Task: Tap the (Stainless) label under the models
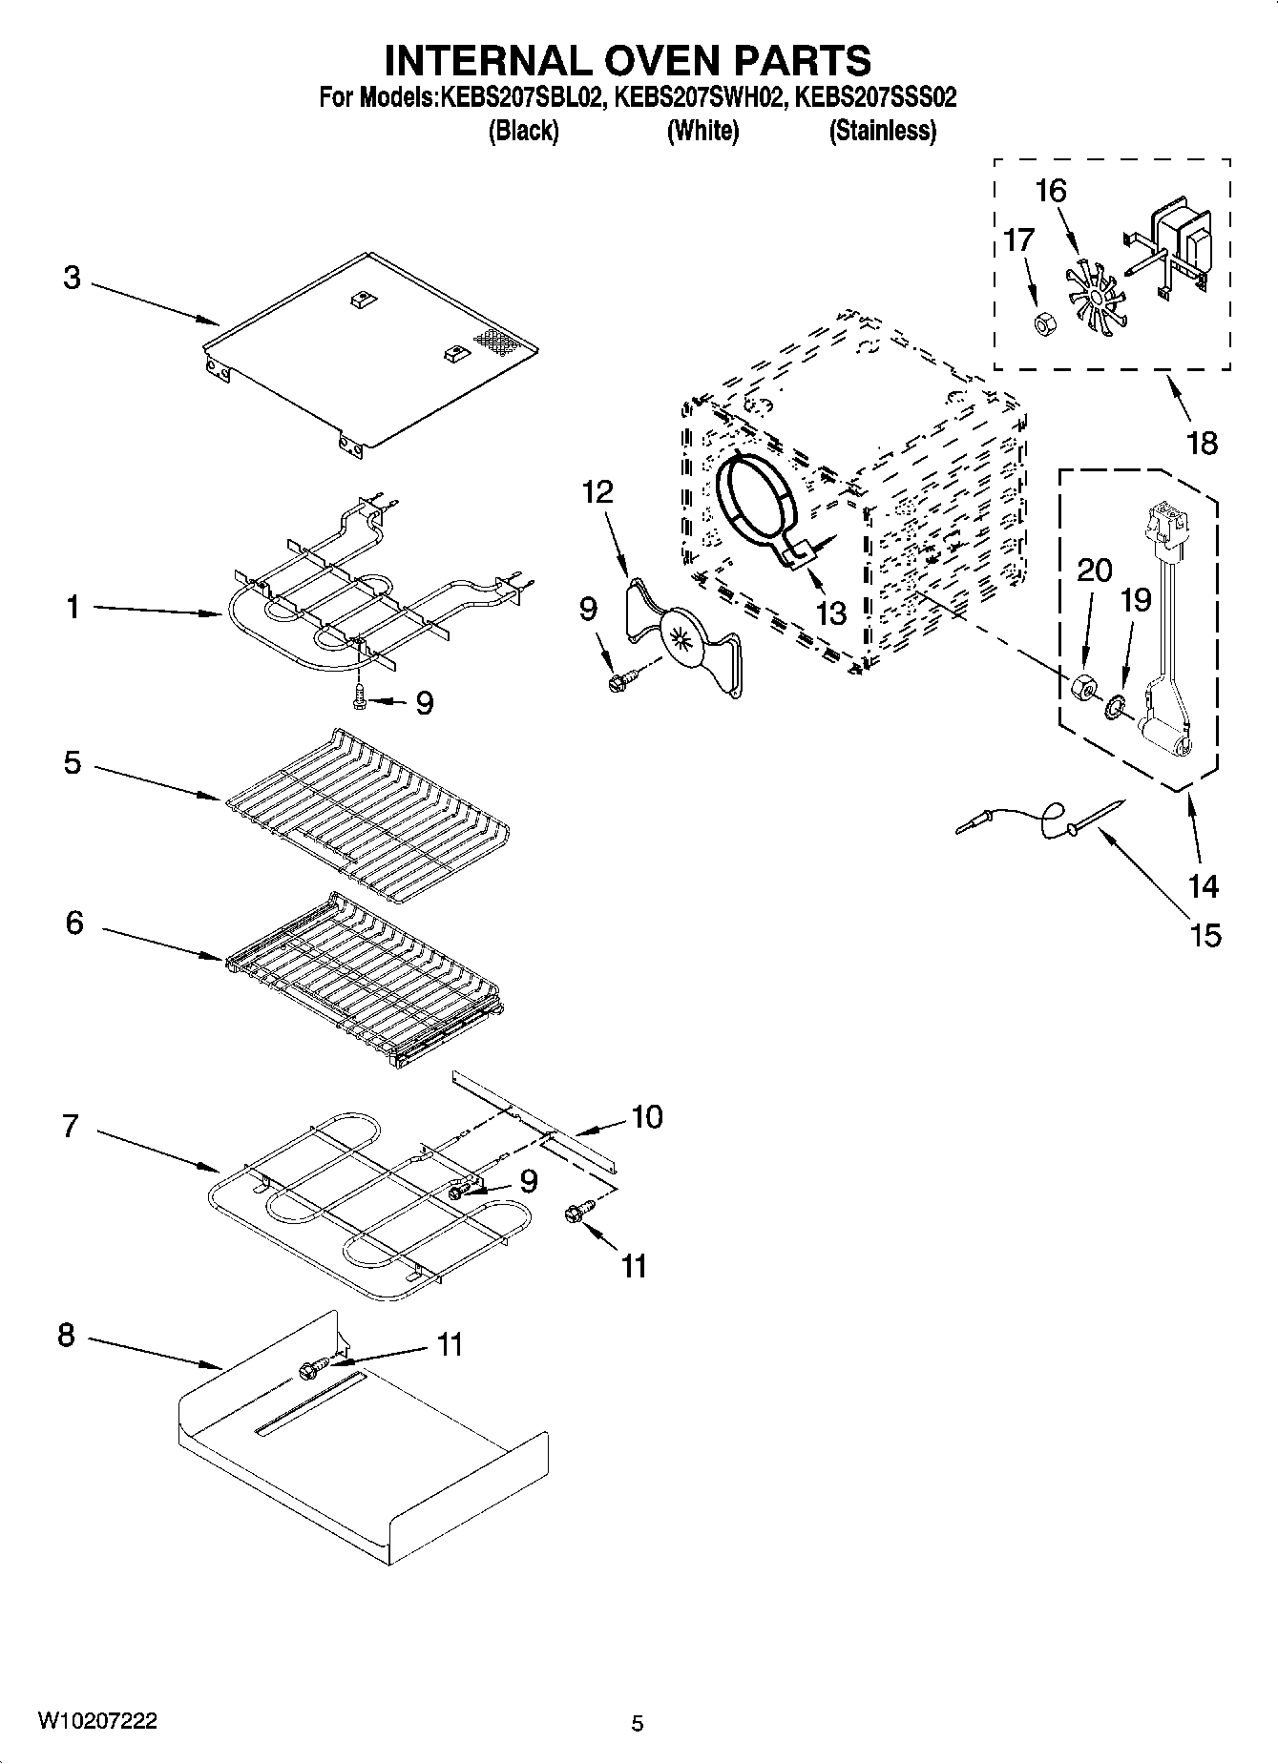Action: (x=882, y=131)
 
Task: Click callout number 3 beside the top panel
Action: (x=73, y=279)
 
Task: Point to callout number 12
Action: (x=597, y=492)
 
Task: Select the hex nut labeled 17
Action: (x=1043, y=324)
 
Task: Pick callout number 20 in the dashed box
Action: (x=1094, y=571)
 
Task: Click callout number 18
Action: (x=1202, y=443)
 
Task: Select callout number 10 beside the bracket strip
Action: (x=647, y=1116)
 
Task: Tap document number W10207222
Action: (x=97, y=1721)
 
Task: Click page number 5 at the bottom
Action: (x=638, y=1723)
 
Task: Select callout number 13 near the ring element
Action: (x=831, y=613)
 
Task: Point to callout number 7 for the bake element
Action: (x=70, y=1127)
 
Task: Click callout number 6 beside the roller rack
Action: (x=73, y=923)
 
